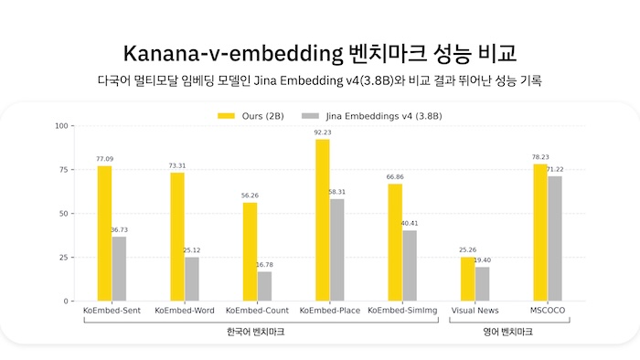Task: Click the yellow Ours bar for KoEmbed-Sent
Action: pos(104,233)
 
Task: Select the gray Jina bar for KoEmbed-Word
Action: pos(191,279)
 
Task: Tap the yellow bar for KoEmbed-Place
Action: pos(322,219)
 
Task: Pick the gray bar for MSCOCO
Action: pos(555,238)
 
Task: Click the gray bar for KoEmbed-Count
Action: pos(264,286)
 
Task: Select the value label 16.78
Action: pos(264,264)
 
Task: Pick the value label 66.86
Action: pos(395,176)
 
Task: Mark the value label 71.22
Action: pos(555,169)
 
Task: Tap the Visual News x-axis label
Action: pos(475,312)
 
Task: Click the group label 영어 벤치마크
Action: pos(508,333)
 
